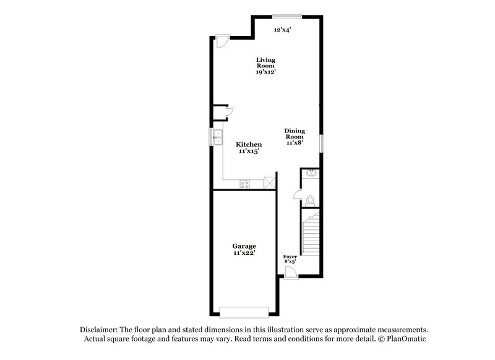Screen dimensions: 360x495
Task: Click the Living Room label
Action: tap(265, 66)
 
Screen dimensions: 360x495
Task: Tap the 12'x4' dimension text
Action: tap(283, 29)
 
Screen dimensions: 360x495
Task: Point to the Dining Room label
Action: tap(295, 136)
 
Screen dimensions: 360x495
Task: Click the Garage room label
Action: tap(244, 249)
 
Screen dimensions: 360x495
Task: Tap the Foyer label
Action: tap(290, 259)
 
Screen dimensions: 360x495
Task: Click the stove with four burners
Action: tap(245, 183)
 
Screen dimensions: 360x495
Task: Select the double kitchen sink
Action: tap(218, 137)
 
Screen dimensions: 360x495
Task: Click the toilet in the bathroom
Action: tap(311, 199)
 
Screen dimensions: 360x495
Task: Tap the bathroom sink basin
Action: tap(310, 174)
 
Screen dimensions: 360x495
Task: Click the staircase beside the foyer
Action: tap(310, 238)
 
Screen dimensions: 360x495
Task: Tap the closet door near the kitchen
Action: tap(228, 112)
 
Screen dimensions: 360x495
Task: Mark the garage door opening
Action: tap(244, 312)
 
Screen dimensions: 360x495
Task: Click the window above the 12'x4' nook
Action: tap(287, 16)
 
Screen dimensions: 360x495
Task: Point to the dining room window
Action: tap(321, 143)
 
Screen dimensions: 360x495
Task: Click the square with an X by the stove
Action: tap(269, 183)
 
